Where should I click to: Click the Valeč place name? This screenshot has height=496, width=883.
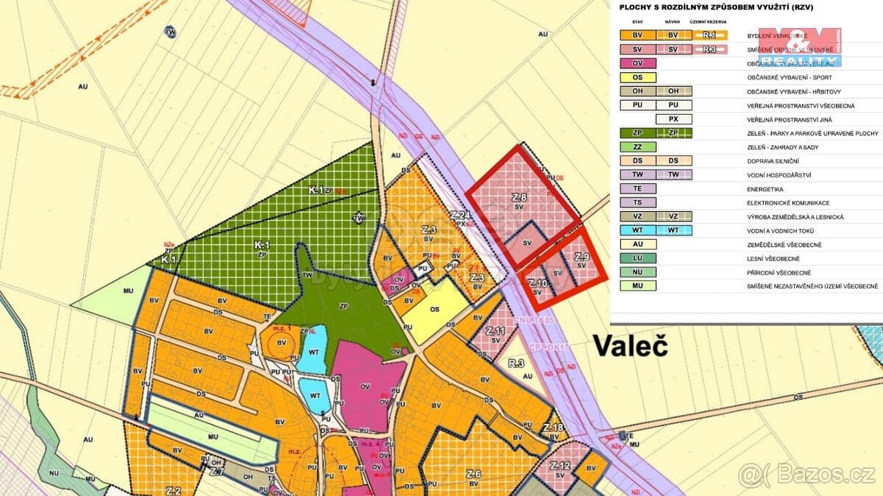pyautogui.click(x=630, y=346)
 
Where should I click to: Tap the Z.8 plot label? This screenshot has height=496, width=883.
pyautogui.click(x=519, y=198)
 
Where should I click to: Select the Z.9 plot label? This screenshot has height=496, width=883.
pyautogui.click(x=582, y=257)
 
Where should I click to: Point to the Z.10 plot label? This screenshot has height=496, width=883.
pyautogui.click(x=537, y=283)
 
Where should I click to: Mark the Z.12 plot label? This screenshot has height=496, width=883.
pyautogui.click(x=560, y=466)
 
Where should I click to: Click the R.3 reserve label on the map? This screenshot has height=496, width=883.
pyautogui.click(x=515, y=363)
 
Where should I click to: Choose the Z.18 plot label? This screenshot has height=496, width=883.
pyautogui.click(x=553, y=428)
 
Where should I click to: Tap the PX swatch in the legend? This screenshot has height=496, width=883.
pyautogui.click(x=672, y=119)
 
